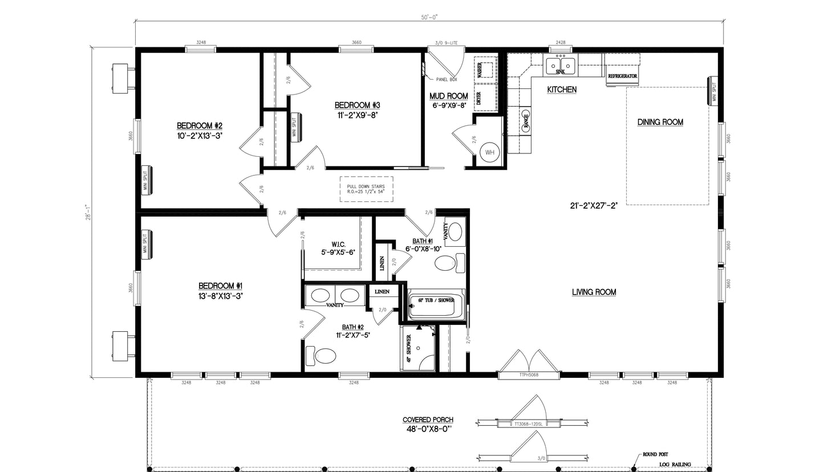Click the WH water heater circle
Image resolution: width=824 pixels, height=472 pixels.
[489, 152]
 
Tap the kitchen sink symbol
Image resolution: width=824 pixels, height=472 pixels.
[560, 66]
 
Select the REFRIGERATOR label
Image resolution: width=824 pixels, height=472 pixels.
[622, 76]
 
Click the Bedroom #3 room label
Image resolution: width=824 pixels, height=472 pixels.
[357, 105]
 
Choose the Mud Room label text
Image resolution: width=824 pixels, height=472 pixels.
[449, 96]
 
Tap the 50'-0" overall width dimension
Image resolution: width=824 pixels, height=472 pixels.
[430, 18]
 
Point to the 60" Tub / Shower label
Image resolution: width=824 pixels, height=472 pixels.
[432, 300]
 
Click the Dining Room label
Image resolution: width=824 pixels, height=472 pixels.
[660, 122]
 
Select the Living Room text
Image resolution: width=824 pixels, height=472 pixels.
[594, 292]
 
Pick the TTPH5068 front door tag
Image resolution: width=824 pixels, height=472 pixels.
[529, 375]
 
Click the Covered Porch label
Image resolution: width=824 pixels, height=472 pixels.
[428, 420]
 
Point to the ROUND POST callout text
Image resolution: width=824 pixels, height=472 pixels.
[655, 454]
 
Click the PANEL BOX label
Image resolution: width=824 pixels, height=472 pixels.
[446, 80]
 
